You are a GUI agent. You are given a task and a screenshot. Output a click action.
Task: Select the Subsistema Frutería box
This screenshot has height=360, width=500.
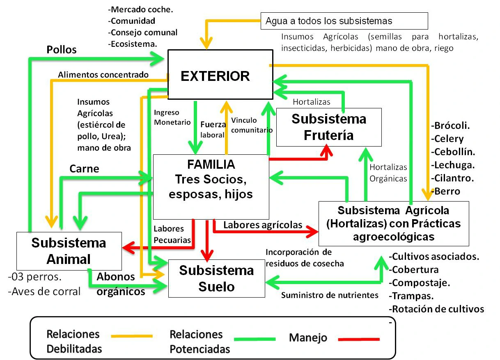(x=328, y=127)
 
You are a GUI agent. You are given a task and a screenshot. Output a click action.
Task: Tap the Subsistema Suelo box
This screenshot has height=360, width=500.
(x=216, y=278)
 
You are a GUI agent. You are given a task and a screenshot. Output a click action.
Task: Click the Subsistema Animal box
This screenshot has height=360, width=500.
(x=69, y=250)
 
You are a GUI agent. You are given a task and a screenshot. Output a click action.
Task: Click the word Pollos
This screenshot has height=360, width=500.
(x=62, y=50)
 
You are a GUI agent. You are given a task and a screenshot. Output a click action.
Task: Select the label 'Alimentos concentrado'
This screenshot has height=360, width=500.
(x=103, y=75)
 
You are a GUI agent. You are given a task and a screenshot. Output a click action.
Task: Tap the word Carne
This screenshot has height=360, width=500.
(x=84, y=169)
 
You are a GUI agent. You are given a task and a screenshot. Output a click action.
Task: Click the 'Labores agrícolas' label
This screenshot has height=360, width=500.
(x=263, y=225)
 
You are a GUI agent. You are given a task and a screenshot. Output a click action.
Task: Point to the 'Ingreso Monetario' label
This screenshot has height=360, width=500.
(x=172, y=117)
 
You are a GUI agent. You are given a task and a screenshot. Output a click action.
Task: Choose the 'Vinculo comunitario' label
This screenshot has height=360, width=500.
(x=251, y=125)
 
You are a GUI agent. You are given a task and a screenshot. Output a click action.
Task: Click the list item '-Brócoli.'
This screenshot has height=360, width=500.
(x=451, y=126)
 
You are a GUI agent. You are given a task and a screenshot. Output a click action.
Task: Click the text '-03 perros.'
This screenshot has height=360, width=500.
(x=34, y=277)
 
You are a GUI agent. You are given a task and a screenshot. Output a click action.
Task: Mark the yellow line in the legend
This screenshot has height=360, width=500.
(x=131, y=336)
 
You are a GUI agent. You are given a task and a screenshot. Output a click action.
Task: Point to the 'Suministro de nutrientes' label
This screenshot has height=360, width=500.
(x=329, y=295)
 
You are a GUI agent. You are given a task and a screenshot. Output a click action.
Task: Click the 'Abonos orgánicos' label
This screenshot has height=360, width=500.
(x=120, y=284)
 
